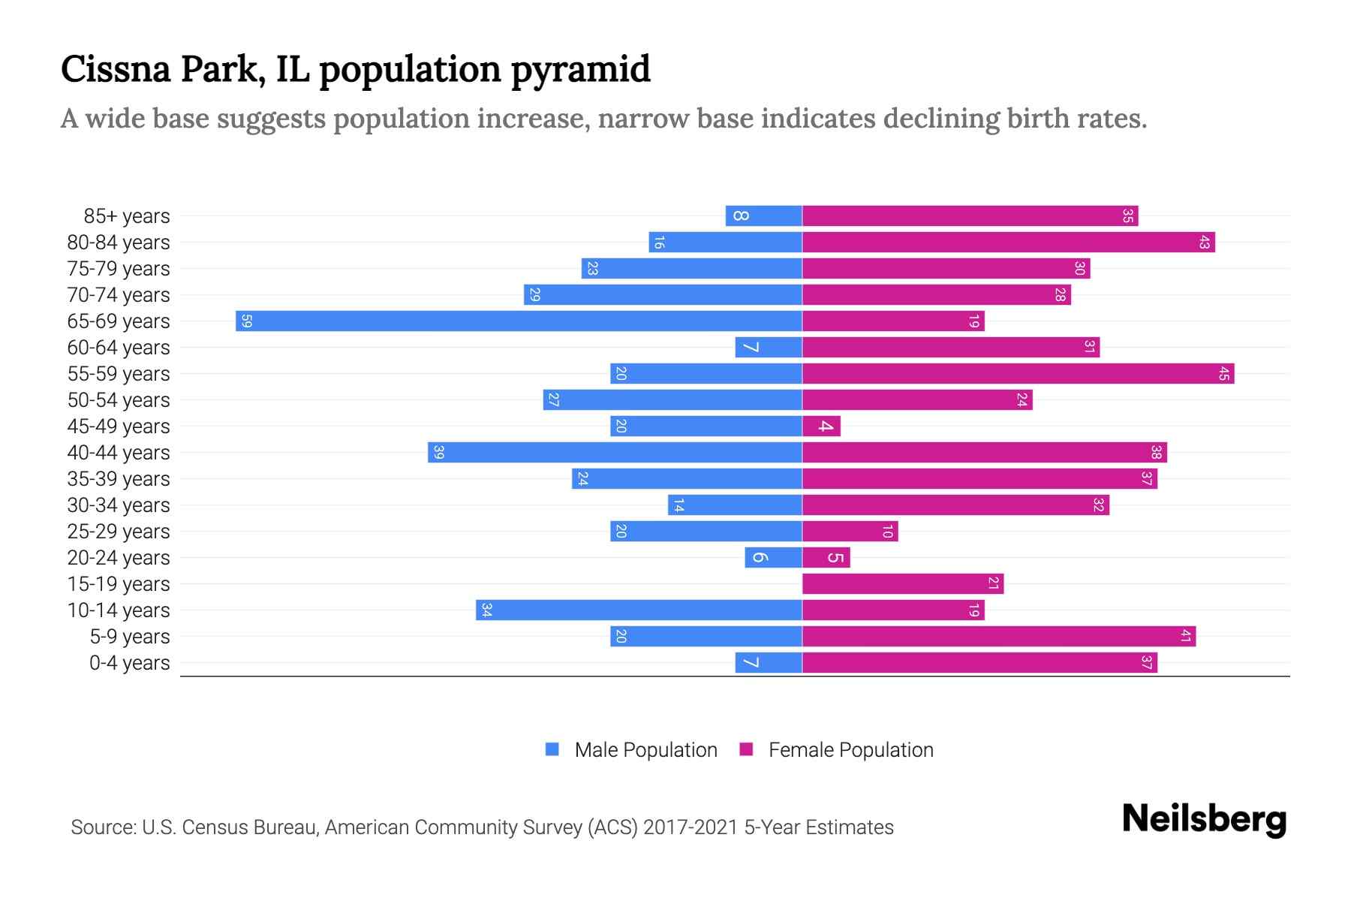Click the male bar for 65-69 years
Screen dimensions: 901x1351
[x=519, y=321]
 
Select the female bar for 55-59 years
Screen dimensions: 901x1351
[x=1018, y=374]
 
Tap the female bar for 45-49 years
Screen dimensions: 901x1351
[x=821, y=426]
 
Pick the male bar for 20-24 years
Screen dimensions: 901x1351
[x=773, y=558]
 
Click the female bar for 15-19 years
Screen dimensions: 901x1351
[x=903, y=584]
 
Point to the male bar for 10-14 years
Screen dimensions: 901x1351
[x=639, y=610]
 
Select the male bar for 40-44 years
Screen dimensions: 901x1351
[x=615, y=453]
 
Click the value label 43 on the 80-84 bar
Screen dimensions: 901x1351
[x=1204, y=243]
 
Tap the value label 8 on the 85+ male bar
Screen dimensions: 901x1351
[x=740, y=216]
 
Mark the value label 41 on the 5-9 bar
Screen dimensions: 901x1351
[x=1185, y=637]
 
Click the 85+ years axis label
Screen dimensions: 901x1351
[x=127, y=216]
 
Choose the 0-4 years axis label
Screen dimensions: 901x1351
[x=129, y=663]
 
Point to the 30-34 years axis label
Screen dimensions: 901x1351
[x=119, y=505]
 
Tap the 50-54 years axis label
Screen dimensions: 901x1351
[x=119, y=400]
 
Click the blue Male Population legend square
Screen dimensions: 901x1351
[x=552, y=749]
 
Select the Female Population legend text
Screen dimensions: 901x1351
[x=850, y=750]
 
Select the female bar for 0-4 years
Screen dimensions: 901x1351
[x=979, y=663]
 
